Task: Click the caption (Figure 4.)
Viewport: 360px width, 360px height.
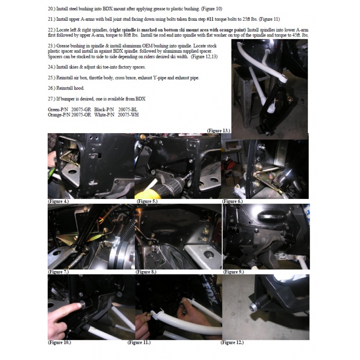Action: [x=58, y=201]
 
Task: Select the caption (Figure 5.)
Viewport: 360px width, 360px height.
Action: [x=147, y=201]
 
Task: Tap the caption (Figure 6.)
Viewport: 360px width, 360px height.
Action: [x=232, y=201]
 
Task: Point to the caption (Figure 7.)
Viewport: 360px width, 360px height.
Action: [x=58, y=272]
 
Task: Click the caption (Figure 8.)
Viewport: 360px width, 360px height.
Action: [x=146, y=272]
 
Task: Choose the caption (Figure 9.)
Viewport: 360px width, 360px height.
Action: [x=234, y=272]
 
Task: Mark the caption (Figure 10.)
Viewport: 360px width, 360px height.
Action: [x=59, y=342]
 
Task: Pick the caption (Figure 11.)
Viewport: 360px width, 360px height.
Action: [x=139, y=342]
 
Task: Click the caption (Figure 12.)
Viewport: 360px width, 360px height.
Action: [x=232, y=342]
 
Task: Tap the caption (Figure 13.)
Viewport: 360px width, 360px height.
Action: [x=219, y=130]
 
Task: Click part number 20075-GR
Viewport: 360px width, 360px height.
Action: [x=81, y=109]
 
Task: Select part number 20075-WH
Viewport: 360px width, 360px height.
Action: [x=128, y=115]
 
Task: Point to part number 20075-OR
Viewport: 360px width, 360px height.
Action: [x=81, y=115]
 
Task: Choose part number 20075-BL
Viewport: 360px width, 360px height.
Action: [x=128, y=109]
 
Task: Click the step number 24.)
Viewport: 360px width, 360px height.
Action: [x=51, y=67]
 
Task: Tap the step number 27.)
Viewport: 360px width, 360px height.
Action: [x=51, y=99]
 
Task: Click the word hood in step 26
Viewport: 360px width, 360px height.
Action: [x=80, y=88]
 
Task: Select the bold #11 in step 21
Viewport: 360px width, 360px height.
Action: [x=210, y=19]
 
